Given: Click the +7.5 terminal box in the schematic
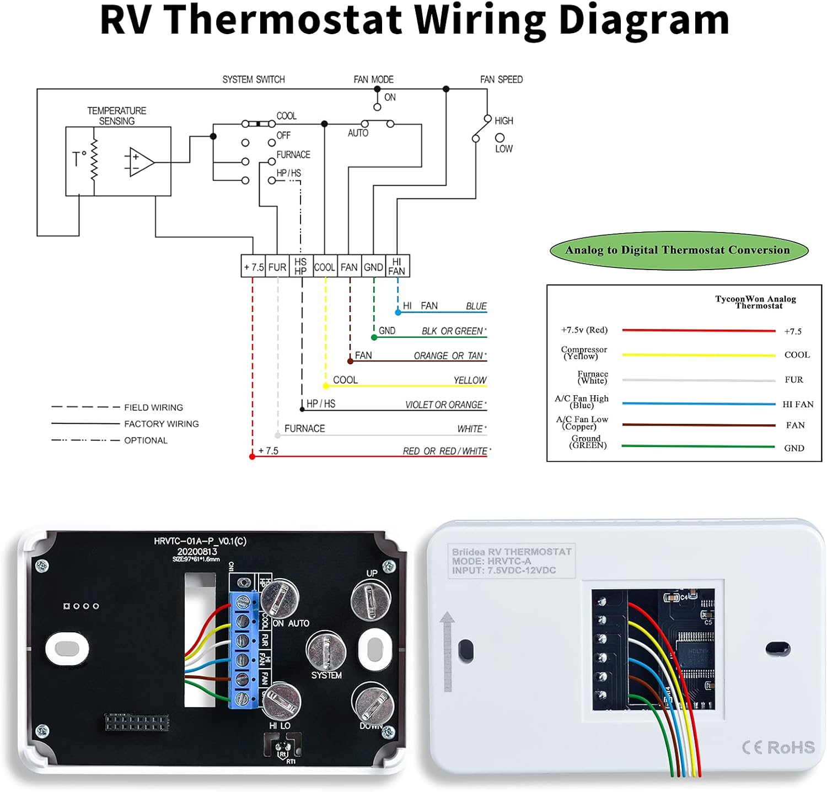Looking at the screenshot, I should [254, 267].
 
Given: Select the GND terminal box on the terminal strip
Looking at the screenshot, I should [373, 267].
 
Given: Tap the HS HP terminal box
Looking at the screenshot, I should [300, 267].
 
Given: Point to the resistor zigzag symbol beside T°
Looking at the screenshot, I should [94, 159].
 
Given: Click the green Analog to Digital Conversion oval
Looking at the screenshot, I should [678, 250].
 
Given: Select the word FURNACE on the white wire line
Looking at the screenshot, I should [304, 428].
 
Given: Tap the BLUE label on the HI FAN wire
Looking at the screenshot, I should [476, 306].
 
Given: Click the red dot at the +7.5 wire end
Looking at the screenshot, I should [253, 456].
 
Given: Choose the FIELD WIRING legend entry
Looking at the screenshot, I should [153, 407].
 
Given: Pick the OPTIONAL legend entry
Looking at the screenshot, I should [146, 440].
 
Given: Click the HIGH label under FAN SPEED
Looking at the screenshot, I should [503, 121].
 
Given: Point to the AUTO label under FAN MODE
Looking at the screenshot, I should [358, 133].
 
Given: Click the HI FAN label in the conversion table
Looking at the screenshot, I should [798, 404].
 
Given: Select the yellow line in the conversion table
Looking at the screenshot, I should [699, 355].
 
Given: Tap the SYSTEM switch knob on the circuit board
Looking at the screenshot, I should [326, 651].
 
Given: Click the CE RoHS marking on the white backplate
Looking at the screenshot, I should [778, 747].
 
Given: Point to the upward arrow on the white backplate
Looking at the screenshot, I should [447, 650].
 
